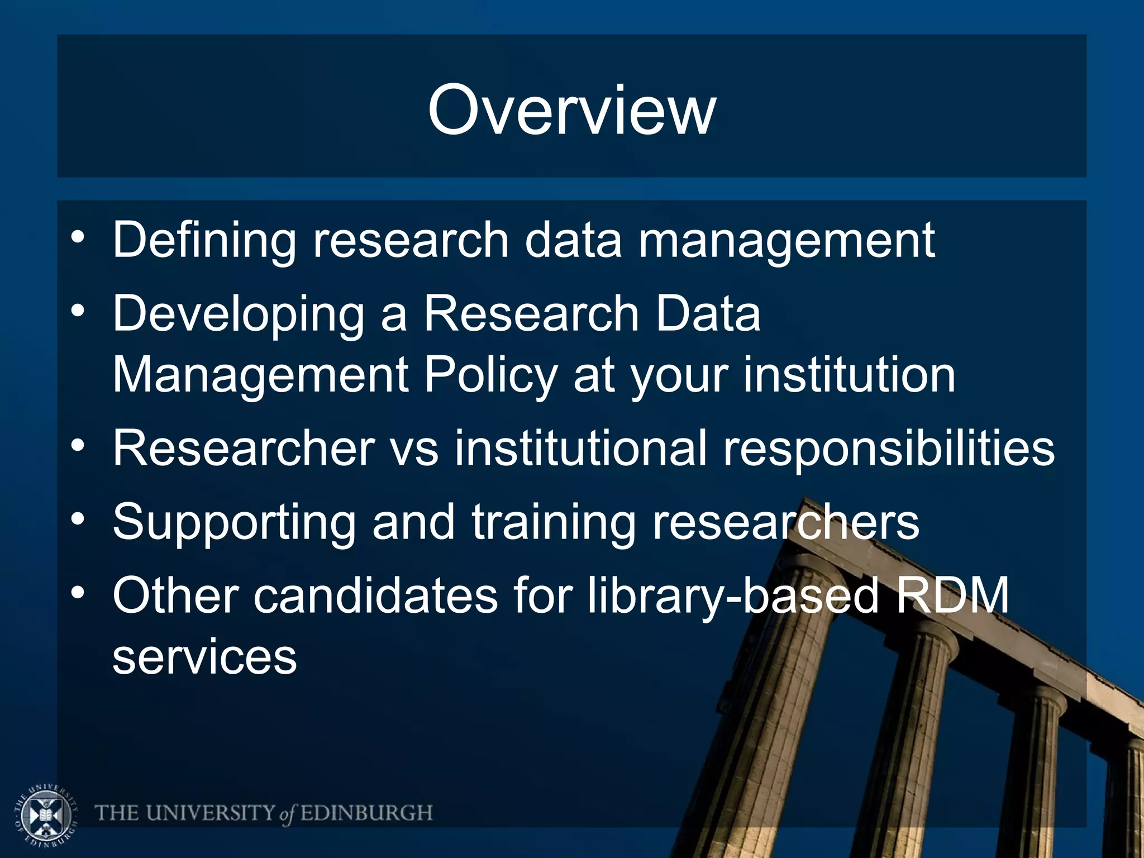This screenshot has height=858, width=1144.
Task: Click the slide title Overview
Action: point(571,110)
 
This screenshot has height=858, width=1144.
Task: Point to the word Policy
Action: point(491,375)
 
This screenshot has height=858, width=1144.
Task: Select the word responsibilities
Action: point(889,449)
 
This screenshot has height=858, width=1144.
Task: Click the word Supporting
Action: point(234,523)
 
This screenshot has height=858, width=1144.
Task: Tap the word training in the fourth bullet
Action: point(553,523)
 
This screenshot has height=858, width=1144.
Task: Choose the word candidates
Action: point(375,595)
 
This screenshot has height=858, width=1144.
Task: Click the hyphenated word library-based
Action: point(733,595)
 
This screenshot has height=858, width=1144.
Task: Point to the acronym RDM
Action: point(953,595)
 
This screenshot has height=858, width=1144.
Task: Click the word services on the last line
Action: point(204,657)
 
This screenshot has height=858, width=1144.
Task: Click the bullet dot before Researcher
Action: point(78,446)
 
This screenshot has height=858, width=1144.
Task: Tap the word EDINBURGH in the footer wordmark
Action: point(366,813)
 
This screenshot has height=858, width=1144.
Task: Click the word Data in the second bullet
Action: point(708,314)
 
